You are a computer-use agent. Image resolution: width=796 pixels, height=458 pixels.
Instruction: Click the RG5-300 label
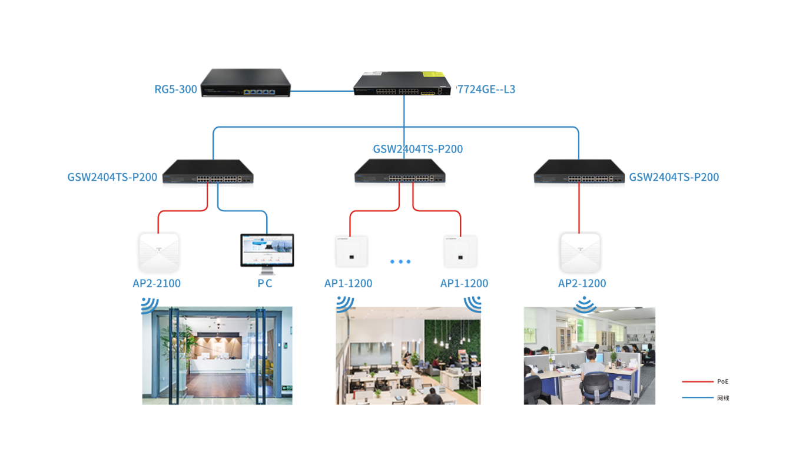tap(175, 89)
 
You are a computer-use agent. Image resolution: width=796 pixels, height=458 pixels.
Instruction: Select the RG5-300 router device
tap(246, 83)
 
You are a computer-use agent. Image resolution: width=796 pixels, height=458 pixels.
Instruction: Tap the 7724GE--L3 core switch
tap(404, 84)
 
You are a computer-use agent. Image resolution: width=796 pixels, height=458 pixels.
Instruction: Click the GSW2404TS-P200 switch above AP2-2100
tap(208, 171)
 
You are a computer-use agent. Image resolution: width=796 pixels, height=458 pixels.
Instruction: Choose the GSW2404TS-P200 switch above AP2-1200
tap(579, 171)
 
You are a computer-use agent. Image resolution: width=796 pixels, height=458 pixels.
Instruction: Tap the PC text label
tap(265, 284)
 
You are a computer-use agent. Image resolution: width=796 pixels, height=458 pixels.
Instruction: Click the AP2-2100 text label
tap(157, 284)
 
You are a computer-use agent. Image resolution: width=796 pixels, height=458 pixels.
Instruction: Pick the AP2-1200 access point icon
tap(580, 252)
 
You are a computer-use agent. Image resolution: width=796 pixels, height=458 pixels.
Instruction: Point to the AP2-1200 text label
tap(582, 284)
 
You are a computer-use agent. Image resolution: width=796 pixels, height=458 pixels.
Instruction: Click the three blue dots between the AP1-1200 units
tap(400, 261)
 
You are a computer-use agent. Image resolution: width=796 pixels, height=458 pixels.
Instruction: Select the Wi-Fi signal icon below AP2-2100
tap(150, 306)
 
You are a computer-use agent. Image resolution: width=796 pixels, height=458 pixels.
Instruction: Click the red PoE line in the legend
tap(697, 381)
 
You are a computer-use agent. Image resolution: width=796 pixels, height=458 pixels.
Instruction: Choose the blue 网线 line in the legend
tap(697, 398)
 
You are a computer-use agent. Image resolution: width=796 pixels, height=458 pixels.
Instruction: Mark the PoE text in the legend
tap(723, 381)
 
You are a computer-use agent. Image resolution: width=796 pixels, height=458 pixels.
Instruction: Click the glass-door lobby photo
tap(217, 356)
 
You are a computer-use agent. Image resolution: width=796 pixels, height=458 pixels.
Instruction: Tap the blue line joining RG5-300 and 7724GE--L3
tap(322, 91)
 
